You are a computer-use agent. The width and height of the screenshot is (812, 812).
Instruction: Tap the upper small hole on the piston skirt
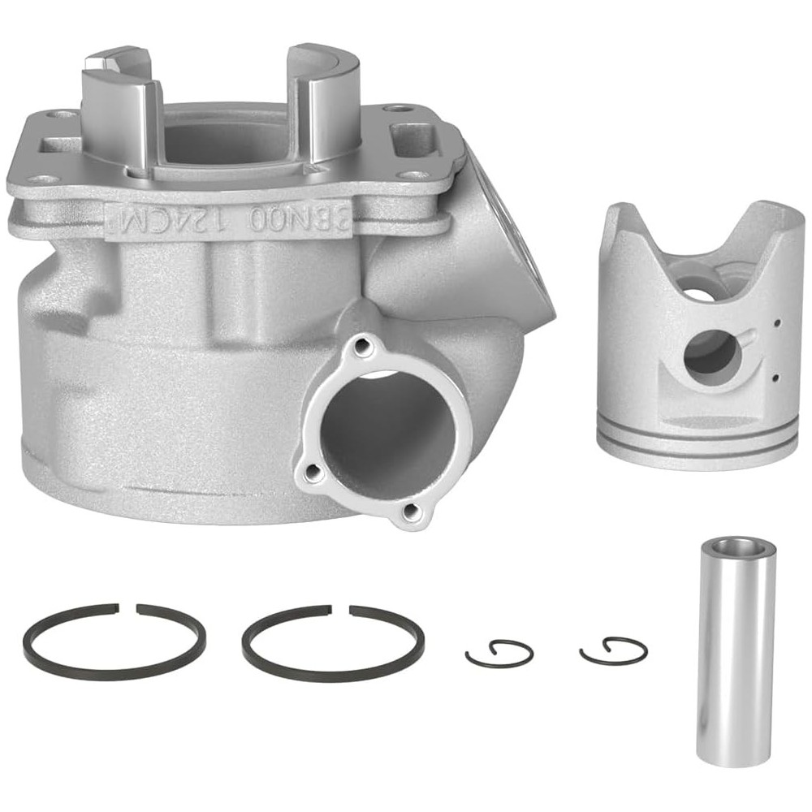point(777,323)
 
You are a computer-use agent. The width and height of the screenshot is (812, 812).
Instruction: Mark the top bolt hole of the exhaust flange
point(361,348)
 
